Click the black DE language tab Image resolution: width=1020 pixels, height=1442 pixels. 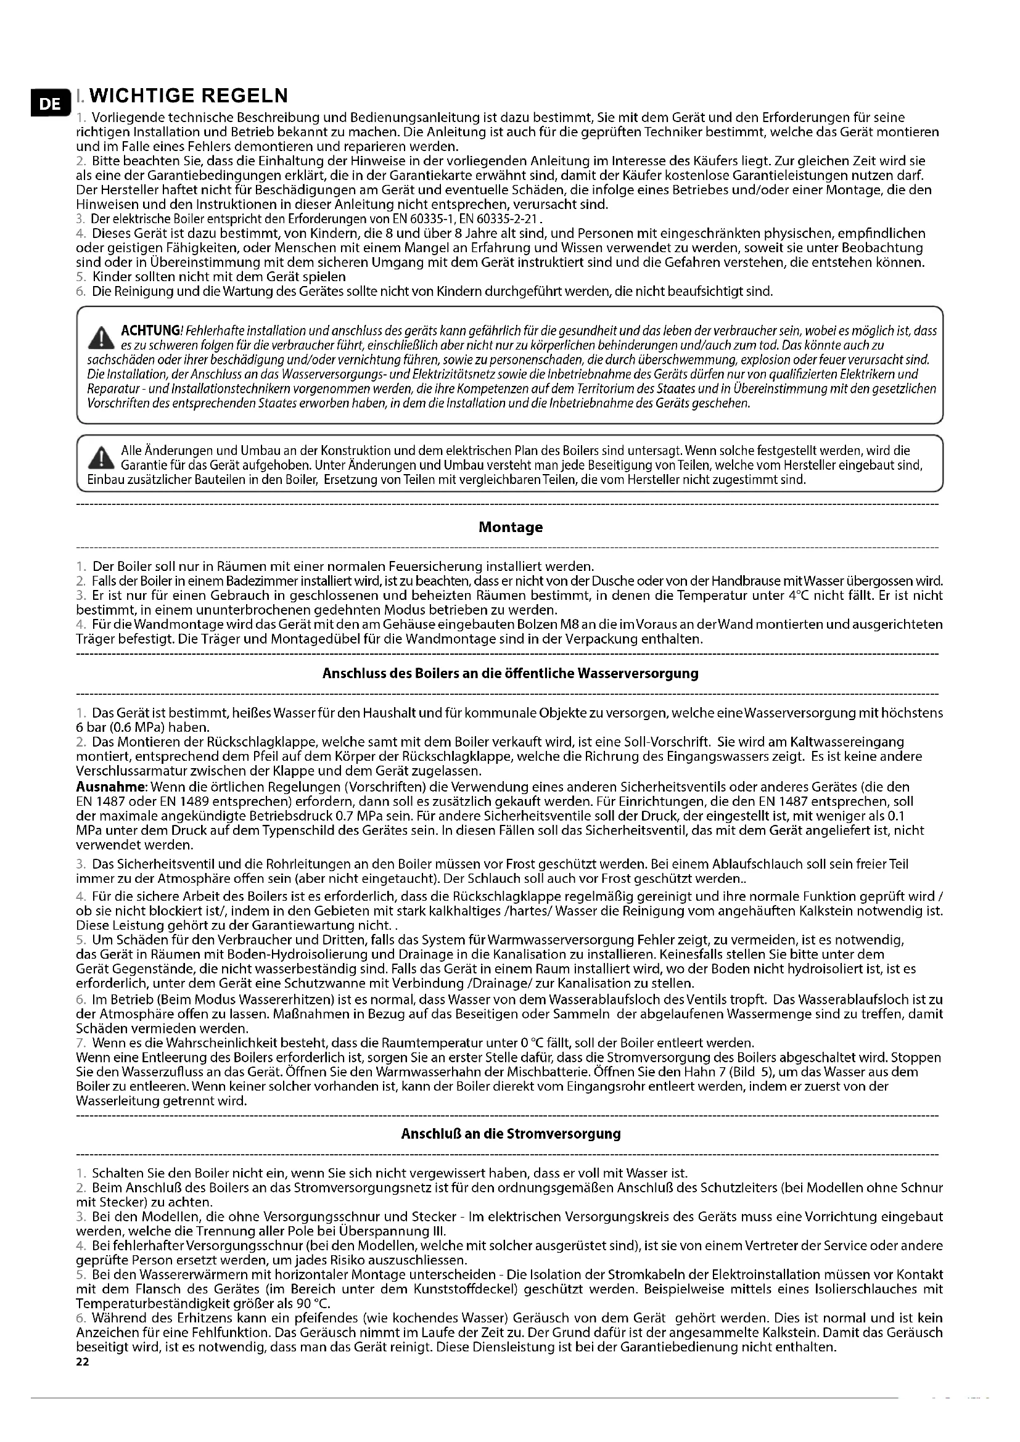[x=45, y=104]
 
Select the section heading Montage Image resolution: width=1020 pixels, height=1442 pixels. [x=510, y=527]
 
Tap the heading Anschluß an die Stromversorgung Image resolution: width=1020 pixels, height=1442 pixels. [x=510, y=1134]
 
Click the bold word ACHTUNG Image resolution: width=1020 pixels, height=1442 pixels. [x=149, y=330]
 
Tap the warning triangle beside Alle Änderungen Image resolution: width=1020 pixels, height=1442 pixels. [x=101, y=459]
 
